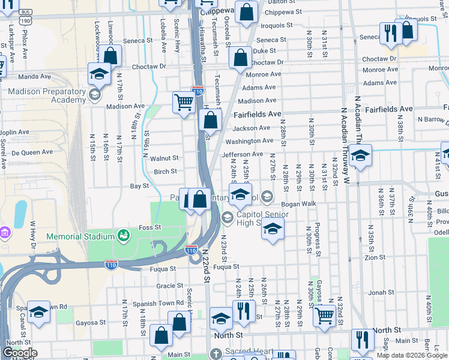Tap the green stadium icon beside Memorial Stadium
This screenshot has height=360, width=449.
point(123,235)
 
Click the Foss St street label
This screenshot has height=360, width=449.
point(150,227)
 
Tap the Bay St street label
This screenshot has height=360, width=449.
point(139,186)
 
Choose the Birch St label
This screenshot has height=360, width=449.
point(165,172)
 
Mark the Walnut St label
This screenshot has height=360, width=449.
point(164,158)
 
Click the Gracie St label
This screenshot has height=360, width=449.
point(165,286)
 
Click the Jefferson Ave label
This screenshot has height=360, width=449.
point(243,154)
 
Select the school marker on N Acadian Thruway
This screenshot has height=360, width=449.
point(360,155)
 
